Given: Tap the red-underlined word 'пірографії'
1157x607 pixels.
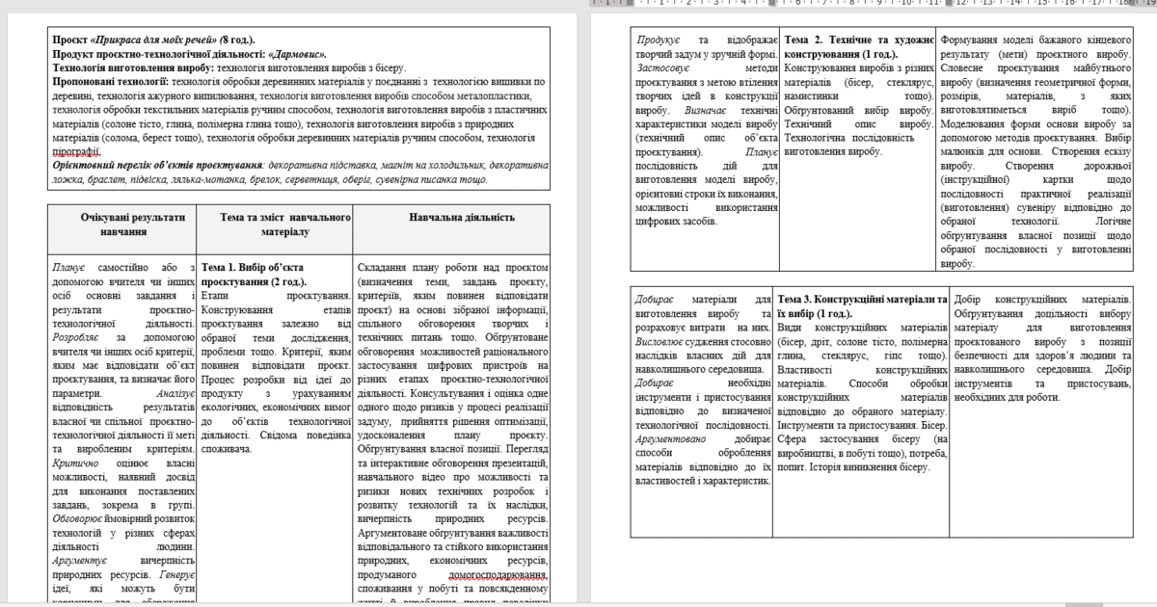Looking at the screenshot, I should (x=77, y=151).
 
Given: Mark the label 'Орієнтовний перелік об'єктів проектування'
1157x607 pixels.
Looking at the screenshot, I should (x=158, y=166).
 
